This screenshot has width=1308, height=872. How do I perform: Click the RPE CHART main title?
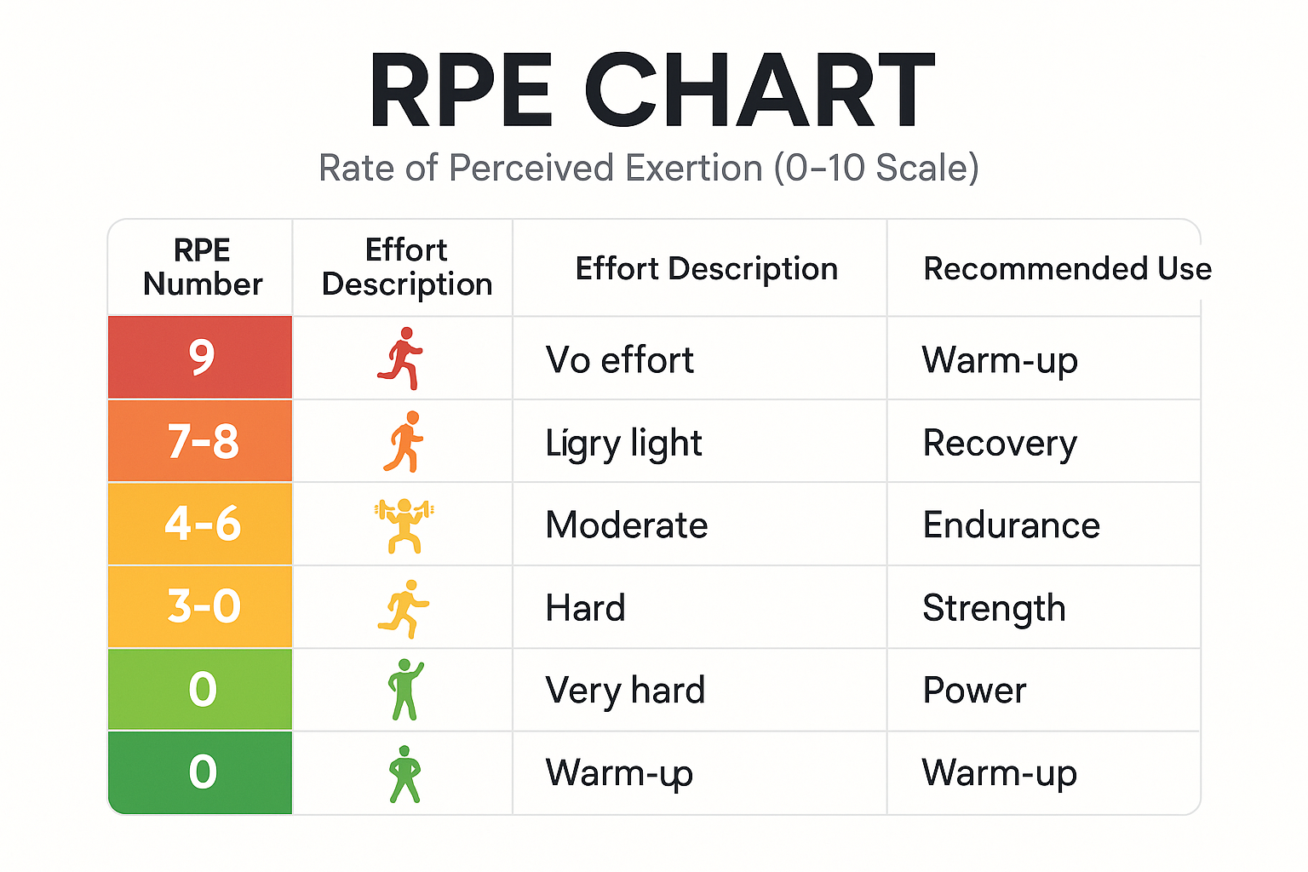(652, 91)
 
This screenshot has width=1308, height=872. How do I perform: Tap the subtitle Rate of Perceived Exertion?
(649, 168)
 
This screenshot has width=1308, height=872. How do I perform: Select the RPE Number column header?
(202, 267)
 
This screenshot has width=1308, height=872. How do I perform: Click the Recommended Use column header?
(1067, 268)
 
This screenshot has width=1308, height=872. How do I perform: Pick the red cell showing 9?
(201, 358)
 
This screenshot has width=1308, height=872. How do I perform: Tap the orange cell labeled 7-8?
(202, 441)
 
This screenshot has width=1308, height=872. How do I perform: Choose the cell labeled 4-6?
(202, 524)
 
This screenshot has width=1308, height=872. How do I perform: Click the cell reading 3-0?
(203, 606)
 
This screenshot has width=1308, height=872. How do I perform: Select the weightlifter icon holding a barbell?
(404, 525)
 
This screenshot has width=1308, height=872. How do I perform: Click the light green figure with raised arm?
(404, 689)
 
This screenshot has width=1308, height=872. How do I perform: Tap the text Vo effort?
(619, 360)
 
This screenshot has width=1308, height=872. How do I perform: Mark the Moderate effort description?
(626, 525)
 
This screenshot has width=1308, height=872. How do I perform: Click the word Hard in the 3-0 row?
(585, 608)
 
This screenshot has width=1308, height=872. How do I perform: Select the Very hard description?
(625, 691)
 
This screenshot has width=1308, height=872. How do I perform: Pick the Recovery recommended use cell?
(1000, 443)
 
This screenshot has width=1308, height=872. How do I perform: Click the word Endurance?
(1011, 525)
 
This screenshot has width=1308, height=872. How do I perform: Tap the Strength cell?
(994, 608)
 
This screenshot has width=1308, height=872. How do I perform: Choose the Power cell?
(974, 691)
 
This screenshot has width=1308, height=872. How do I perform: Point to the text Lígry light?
(623, 444)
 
